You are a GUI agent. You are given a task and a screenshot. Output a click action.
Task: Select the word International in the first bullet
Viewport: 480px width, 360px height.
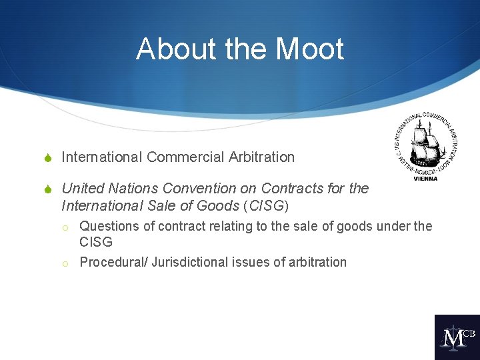[x=102, y=157]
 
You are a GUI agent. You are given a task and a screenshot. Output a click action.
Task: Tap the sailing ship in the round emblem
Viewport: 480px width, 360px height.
[x=425, y=144]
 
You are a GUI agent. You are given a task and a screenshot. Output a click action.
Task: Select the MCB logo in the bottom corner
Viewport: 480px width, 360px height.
[x=457, y=337]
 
